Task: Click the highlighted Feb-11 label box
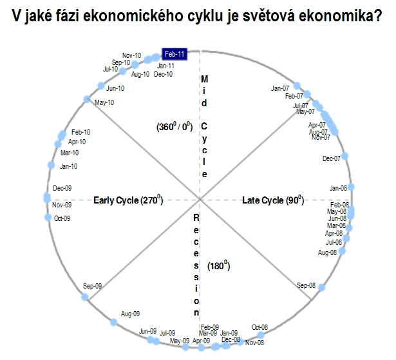click(x=174, y=54)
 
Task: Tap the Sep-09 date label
click(x=92, y=286)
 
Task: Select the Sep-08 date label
click(x=306, y=285)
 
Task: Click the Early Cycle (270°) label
click(x=128, y=200)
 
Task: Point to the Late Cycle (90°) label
click(x=273, y=200)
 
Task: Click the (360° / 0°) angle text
click(x=174, y=126)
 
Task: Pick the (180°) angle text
click(x=219, y=266)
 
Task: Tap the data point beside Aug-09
click(x=113, y=322)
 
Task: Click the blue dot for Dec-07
click(x=344, y=156)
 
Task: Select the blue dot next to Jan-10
click(x=51, y=166)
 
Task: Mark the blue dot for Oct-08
click(x=260, y=336)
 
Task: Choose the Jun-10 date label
click(x=115, y=88)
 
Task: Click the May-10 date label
click(x=104, y=102)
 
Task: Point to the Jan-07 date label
click(x=280, y=88)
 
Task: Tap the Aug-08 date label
click(x=327, y=252)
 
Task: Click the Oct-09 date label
click(x=62, y=218)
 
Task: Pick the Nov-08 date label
click(x=254, y=343)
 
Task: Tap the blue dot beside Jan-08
click(x=351, y=187)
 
